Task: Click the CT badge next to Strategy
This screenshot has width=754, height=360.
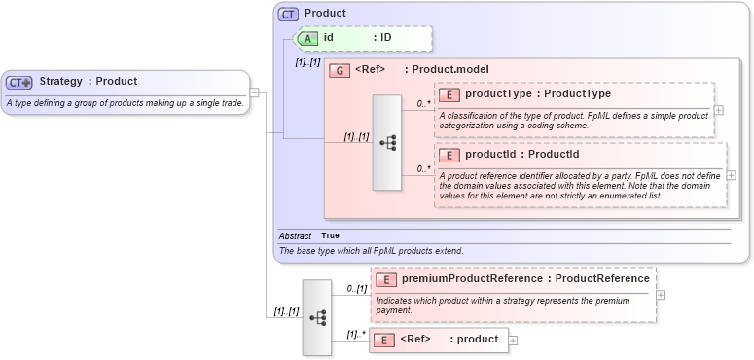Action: click(x=20, y=83)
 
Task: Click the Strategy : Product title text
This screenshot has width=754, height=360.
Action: click(x=89, y=82)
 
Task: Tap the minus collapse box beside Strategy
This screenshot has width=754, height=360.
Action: click(x=254, y=93)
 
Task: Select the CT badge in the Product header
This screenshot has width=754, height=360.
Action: click(x=289, y=15)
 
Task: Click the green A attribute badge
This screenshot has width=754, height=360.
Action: click(x=307, y=38)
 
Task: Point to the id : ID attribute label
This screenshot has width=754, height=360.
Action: click(x=357, y=38)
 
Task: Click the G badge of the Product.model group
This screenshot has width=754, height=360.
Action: click(x=341, y=70)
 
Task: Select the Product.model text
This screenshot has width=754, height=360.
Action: click(x=450, y=70)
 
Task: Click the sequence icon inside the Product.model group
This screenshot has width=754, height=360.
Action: click(x=388, y=142)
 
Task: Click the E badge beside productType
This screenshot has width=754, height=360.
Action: click(x=449, y=94)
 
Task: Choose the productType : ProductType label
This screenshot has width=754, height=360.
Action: click(x=538, y=94)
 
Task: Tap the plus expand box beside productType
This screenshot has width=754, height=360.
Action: click(x=719, y=109)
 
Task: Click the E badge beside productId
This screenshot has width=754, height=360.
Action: click(x=449, y=155)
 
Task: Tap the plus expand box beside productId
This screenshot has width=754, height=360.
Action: click(x=732, y=175)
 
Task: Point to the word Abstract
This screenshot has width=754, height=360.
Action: click(x=295, y=236)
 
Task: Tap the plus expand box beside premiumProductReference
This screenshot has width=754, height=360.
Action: click(x=661, y=294)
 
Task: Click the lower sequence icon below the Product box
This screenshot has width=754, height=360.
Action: click(x=317, y=317)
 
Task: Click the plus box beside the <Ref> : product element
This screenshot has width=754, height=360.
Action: click(x=514, y=341)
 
